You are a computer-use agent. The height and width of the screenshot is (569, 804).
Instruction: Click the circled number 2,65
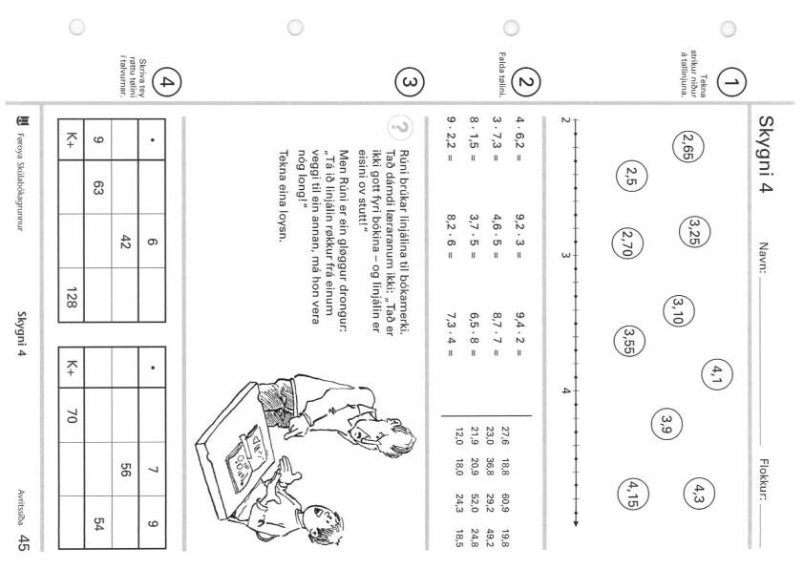click(688, 147)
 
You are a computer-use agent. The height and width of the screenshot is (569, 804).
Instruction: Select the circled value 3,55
click(628, 342)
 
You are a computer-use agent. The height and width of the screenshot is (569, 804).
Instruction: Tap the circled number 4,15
click(633, 495)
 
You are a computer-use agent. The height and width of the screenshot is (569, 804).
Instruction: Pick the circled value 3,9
click(666, 424)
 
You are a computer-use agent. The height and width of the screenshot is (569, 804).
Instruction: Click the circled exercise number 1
click(731, 82)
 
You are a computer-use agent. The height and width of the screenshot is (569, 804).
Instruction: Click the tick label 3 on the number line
click(565, 255)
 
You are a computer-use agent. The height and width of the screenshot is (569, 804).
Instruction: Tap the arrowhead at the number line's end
click(576, 523)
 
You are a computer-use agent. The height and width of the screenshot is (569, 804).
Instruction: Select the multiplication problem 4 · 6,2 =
click(520, 139)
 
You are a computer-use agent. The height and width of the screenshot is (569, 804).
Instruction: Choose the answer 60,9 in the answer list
click(505, 503)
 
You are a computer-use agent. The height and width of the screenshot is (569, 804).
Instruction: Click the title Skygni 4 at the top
click(766, 154)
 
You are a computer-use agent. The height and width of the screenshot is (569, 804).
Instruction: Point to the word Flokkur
click(764, 481)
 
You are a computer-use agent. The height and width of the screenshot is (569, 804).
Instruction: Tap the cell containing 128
click(72, 295)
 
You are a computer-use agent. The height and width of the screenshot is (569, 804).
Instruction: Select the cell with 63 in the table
click(98, 187)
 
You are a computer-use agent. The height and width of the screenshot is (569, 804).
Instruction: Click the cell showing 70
click(72, 415)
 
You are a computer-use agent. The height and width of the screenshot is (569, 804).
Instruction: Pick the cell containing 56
click(125, 469)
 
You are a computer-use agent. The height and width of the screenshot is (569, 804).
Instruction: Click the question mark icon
click(401, 128)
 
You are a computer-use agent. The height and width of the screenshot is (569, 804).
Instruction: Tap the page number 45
click(22, 543)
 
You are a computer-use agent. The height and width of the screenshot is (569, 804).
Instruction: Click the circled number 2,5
click(632, 176)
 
